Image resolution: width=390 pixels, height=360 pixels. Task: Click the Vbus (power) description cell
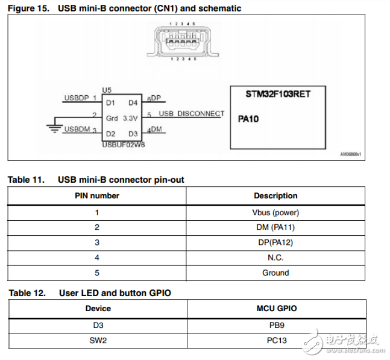click(x=275, y=212)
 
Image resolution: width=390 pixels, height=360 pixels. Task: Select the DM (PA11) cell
click(x=275, y=227)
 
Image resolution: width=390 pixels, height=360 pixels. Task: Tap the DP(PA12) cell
click(x=275, y=242)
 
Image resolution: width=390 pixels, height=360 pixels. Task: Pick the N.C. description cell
click(x=275, y=257)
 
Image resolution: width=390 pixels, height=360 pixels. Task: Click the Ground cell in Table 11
click(x=275, y=273)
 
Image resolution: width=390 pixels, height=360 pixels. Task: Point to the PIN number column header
click(x=97, y=196)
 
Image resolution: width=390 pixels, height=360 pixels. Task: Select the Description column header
click(x=275, y=196)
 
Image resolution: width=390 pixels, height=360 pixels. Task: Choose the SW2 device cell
click(x=98, y=341)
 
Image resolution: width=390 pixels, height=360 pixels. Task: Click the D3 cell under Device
click(x=98, y=325)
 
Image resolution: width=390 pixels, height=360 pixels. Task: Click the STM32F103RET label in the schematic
click(x=278, y=94)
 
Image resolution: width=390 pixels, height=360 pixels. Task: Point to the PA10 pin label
click(x=248, y=119)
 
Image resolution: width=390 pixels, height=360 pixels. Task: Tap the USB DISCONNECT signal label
click(x=191, y=113)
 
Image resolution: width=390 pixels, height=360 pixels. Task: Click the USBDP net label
click(x=77, y=97)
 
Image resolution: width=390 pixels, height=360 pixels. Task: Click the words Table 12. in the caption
click(x=26, y=293)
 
